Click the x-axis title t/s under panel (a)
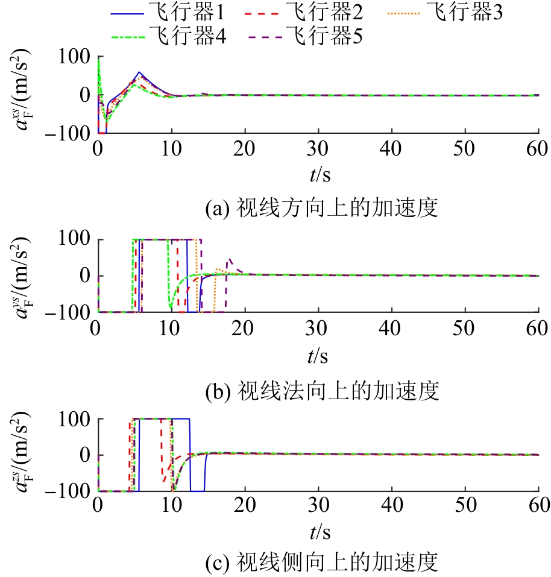click(x=319, y=175)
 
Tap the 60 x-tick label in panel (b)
click(x=538, y=329)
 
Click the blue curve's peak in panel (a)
click(x=139, y=72)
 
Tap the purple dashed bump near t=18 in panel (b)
click(x=230, y=260)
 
